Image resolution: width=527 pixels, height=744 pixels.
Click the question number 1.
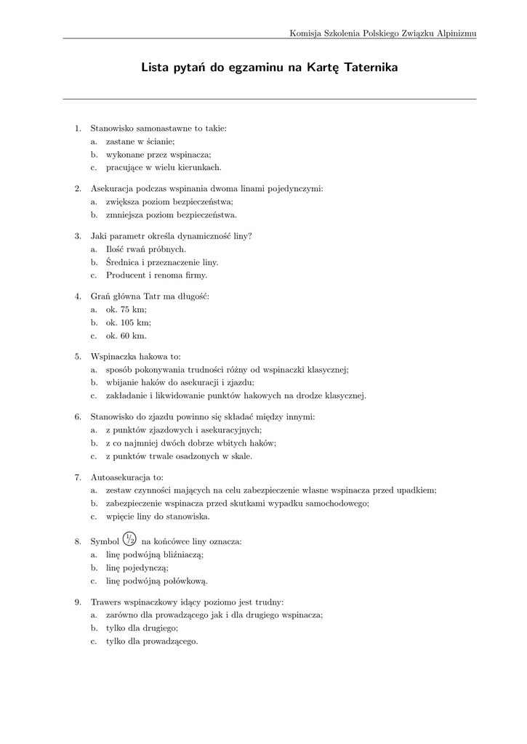78,129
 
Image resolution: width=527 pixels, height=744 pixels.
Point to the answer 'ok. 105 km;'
129,323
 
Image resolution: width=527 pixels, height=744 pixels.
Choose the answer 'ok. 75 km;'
126,310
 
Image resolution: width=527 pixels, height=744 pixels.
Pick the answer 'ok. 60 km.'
126,336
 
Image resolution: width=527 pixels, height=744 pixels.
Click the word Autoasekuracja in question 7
121,477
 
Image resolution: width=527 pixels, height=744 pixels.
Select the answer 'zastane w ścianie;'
140,142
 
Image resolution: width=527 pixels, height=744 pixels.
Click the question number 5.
78,357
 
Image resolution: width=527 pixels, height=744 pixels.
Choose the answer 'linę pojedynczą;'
137,567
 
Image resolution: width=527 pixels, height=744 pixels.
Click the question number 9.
78,602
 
